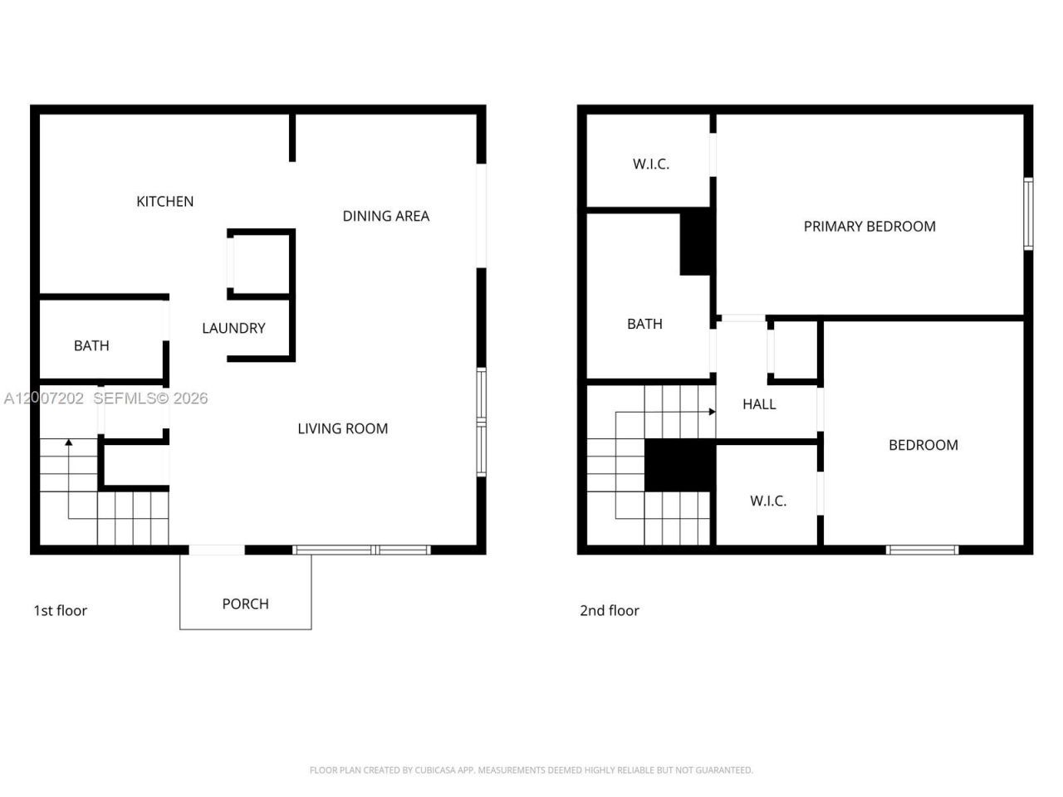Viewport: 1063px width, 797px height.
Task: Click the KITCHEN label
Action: (x=164, y=201)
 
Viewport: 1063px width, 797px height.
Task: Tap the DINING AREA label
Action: (x=385, y=216)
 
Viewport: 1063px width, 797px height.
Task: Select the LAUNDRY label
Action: (x=233, y=328)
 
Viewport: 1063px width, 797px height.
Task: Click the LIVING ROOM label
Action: (x=342, y=428)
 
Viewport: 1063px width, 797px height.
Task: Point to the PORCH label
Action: (x=245, y=604)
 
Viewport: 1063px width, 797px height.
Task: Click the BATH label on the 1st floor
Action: (x=91, y=345)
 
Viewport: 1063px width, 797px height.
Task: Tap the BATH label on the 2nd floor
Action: (x=644, y=324)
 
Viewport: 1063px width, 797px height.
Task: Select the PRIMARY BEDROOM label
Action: (x=869, y=226)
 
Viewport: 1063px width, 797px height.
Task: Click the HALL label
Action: (x=759, y=404)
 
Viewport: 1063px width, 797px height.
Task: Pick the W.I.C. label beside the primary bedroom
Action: (x=650, y=164)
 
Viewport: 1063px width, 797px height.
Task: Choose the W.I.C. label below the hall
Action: (x=767, y=501)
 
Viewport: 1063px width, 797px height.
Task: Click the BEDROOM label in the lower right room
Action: (x=923, y=445)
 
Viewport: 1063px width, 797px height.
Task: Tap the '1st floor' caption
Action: (x=60, y=610)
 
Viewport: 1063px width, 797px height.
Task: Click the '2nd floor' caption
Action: (x=609, y=610)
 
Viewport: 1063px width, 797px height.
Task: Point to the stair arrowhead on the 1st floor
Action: (x=69, y=443)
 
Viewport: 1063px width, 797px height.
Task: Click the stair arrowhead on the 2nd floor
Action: (x=712, y=412)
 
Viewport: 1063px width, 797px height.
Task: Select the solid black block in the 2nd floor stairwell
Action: (x=679, y=466)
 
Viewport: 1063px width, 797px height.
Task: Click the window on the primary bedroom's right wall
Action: (x=1028, y=213)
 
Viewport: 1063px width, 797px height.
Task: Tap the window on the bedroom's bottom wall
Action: (x=922, y=550)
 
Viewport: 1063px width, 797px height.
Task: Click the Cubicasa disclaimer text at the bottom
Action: (x=531, y=770)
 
